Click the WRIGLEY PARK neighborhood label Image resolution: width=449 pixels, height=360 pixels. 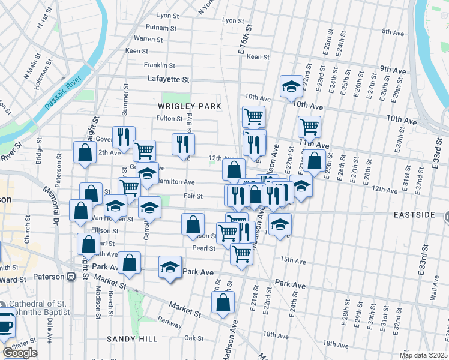(189, 106)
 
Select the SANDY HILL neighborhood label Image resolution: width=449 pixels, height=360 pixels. (132, 339)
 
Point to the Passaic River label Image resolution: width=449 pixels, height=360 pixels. (63, 93)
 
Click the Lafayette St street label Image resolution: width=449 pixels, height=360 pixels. (169, 79)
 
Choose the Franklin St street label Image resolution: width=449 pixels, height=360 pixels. (159, 65)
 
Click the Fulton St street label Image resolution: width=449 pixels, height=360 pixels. (169, 118)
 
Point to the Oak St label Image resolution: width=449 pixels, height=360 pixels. (194, 338)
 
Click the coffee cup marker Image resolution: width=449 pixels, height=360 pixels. (6, 323)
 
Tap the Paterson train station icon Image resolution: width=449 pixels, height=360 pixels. (71, 277)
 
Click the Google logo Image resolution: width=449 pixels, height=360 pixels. (20, 353)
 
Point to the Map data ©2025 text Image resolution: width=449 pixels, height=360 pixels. (423, 355)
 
